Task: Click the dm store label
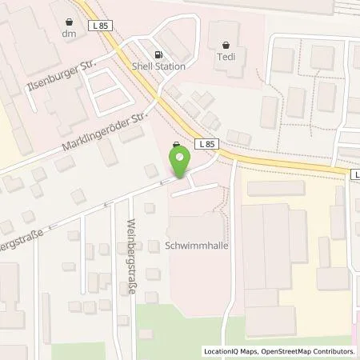pos(67,34)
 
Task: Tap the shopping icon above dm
pos(67,22)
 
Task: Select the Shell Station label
pos(158,66)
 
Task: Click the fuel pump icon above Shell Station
pos(145,54)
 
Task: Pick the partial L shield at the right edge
pos(354,173)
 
